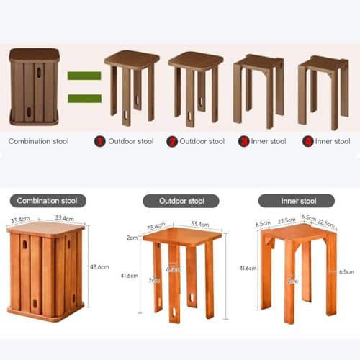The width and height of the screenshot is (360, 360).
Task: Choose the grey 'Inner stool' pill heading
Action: coord(297,201)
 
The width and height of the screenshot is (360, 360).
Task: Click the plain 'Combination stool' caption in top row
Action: coord(38,141)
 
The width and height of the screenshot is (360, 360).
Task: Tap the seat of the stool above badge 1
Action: coord(132,58)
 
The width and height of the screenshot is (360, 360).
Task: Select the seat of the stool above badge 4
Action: coord(323,62)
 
